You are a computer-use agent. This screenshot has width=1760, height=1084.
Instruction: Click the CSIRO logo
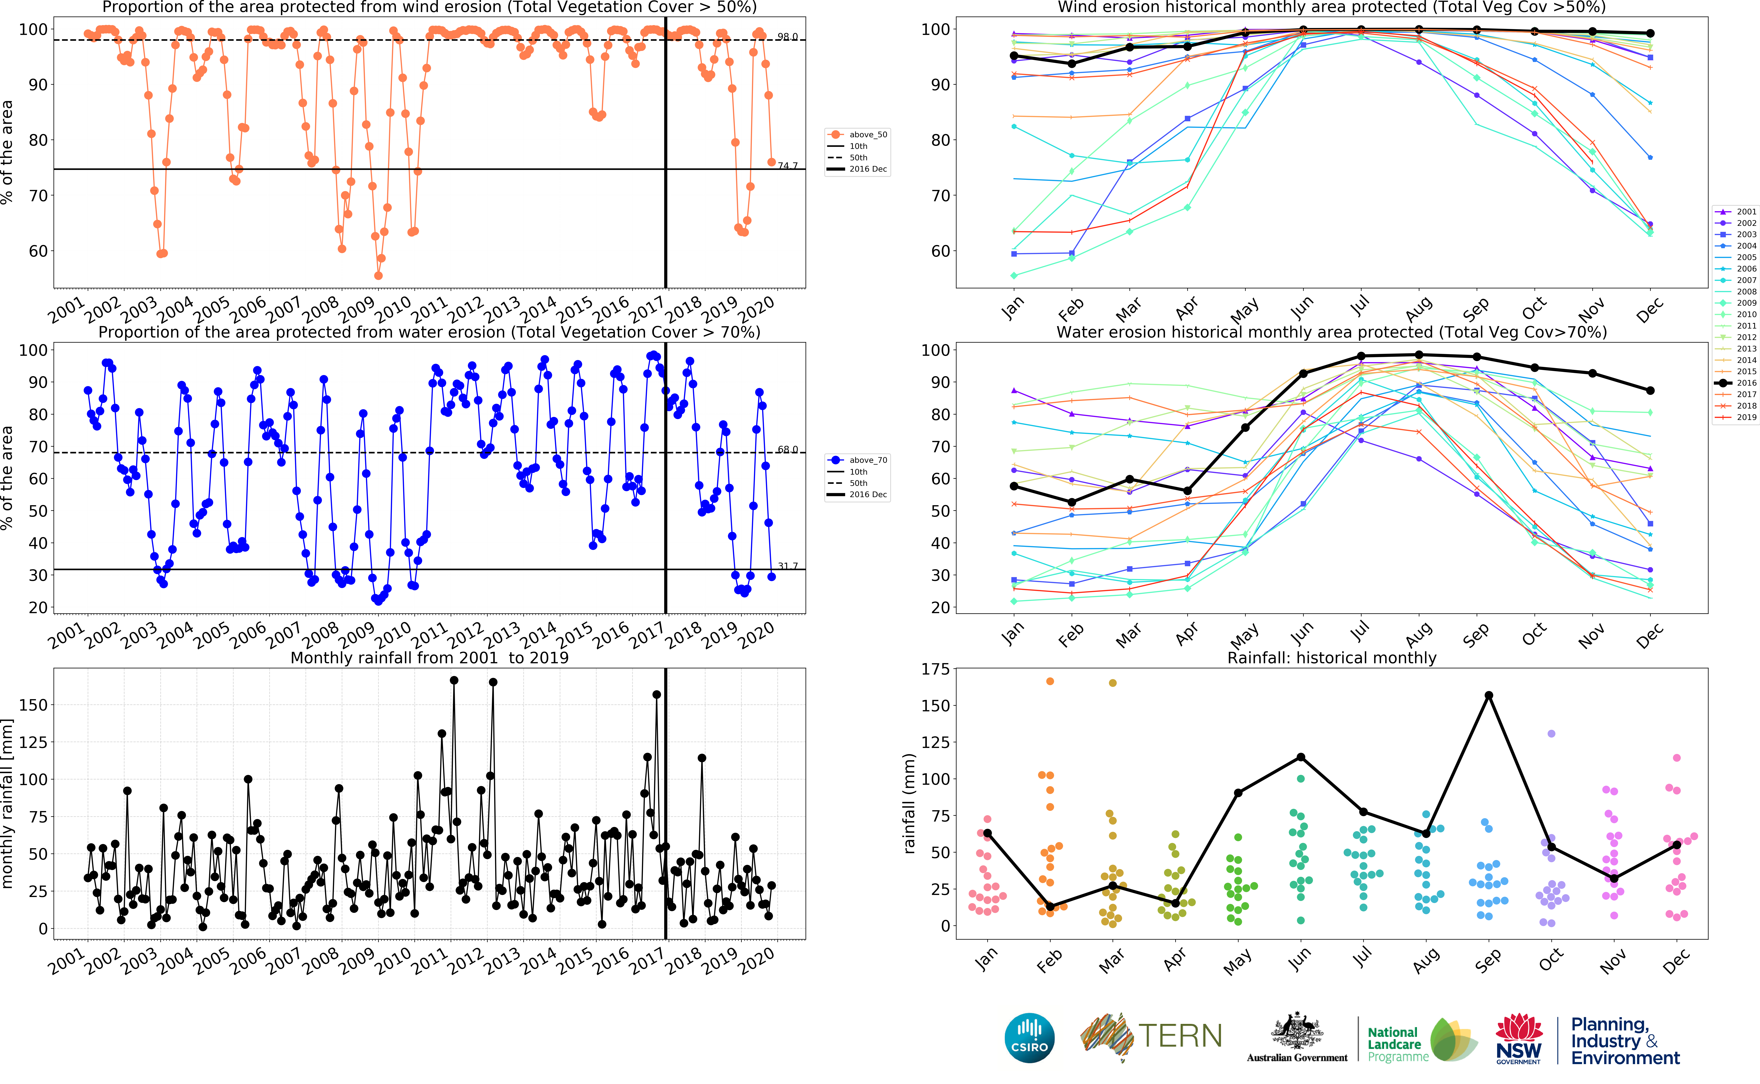tap(1030, 1037)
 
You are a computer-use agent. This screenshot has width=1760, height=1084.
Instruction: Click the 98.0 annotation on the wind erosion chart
tap(787, 37)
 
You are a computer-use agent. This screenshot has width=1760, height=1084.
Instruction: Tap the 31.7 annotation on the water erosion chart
tap(787, 566)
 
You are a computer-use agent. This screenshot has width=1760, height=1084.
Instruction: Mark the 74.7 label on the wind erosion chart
tap(787, 166)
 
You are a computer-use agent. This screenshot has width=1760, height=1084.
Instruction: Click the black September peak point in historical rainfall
tap(1488, 695)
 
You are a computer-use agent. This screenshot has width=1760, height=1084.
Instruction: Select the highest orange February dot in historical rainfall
tap(1050, 681)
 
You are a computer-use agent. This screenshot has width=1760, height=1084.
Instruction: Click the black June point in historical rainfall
tap(1301, 757)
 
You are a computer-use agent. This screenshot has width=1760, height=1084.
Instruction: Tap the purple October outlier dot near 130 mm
tap(1551, 733)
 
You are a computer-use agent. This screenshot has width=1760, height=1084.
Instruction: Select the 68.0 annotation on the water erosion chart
tap(787, 449)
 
